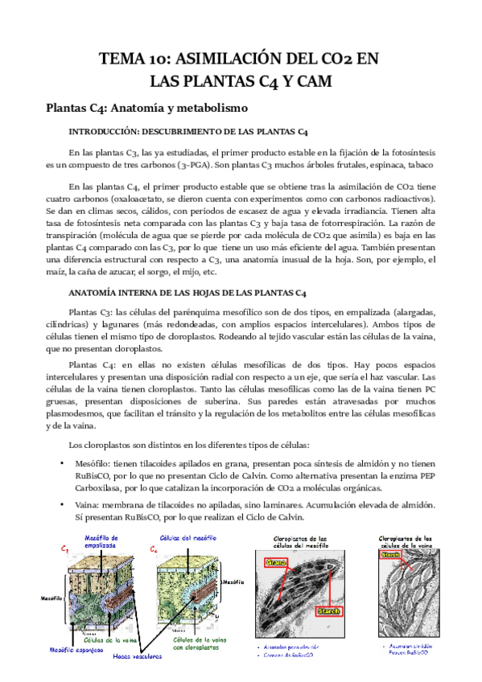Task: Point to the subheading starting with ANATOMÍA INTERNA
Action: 187,293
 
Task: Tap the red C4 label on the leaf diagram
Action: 153,550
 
